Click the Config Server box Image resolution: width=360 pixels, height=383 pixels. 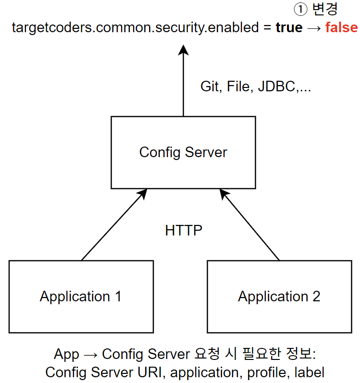pyautogui.click(x=183, y=152)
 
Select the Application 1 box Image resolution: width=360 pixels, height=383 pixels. pyautogui.click(x=81, y=296)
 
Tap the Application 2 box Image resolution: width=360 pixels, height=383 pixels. pyautogui.click(x=279, y=296)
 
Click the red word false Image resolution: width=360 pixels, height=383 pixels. pyautogui.click(x=341, y=27)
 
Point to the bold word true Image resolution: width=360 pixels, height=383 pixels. pyautogui.click(x=289, y=27)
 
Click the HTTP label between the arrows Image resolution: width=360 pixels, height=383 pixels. pyautogui.click(x=184, y=231)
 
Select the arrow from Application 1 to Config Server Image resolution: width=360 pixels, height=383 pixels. pyautogui.click(x=113, y=224)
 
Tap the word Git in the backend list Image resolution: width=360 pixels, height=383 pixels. pyautogui.click(x=210, y=87)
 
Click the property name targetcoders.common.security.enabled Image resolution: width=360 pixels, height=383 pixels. pyautogui.click(x=135, y=27)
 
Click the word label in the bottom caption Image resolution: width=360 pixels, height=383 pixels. pyautogui.click(x=309, y=372)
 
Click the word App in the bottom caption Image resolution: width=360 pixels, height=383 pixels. pyautogui.click(x=66, y=355)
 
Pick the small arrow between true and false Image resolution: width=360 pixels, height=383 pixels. pyautogui.click(x=313, y=27)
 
